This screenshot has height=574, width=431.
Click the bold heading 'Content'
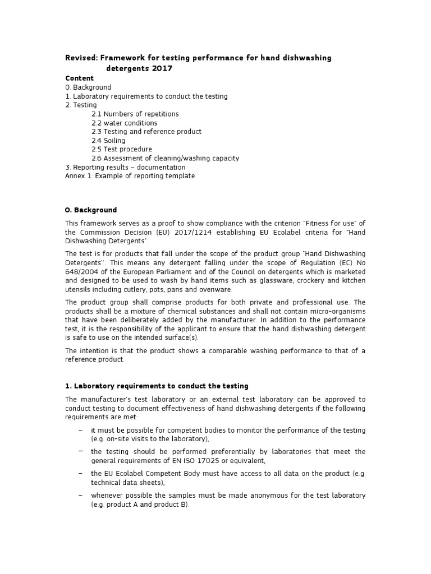80,78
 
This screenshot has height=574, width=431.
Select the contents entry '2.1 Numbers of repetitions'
135,114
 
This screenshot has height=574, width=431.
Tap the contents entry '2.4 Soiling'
108,141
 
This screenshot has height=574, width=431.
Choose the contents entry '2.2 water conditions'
124,123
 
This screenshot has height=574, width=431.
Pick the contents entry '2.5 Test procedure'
121,150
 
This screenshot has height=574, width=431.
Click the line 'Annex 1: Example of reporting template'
130,176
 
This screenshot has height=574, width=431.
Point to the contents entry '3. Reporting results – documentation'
125,167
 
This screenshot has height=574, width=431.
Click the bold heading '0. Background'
91,210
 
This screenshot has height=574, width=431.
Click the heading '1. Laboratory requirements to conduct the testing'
157,386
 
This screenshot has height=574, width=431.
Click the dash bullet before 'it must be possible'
81,429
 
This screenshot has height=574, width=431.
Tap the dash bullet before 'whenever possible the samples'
81,495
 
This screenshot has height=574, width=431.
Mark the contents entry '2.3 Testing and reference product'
146,132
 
